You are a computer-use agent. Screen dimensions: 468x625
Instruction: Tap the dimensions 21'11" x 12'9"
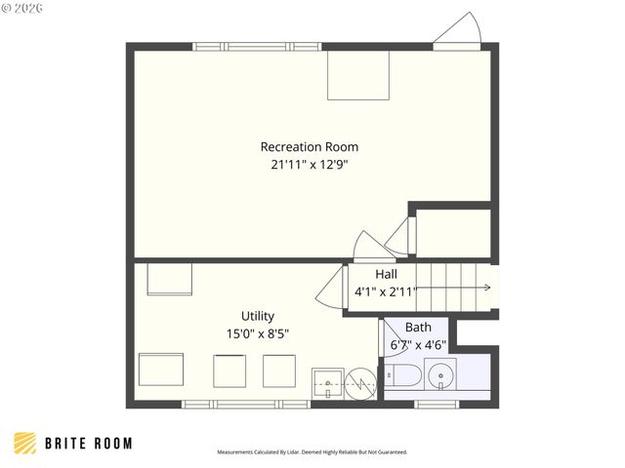click(x=310, y=165)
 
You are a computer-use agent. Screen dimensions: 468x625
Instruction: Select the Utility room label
click(x=258, y=316)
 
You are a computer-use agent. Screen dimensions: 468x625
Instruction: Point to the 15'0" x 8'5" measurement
click(x=257, y=333)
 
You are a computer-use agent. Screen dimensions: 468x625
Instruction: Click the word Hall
click(x=386, y=274)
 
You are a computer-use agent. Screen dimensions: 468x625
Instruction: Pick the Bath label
click(x=418, y=327)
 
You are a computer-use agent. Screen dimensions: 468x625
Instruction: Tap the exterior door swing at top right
click(x=459, y=31)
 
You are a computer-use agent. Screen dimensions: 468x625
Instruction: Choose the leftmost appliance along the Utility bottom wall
click(x=160, y=370)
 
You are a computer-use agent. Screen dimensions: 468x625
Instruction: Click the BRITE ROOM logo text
click(x=88, y=444)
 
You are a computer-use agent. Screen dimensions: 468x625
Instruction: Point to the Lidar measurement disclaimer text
click(x=312, y=452)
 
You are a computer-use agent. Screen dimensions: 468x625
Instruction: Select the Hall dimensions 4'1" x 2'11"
click(x=386, y=292)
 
